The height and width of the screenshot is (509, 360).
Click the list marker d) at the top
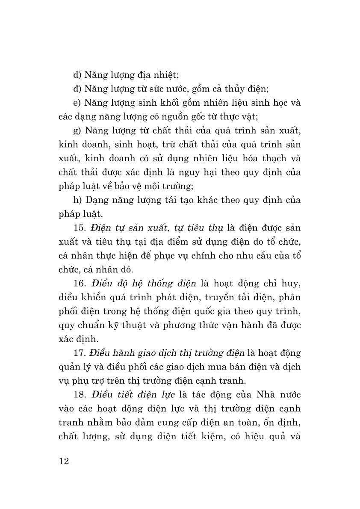[77, 75]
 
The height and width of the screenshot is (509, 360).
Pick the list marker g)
[77, 130]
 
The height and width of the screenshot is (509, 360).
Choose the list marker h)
[77, 200]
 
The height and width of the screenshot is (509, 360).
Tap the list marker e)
[77, 103]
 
